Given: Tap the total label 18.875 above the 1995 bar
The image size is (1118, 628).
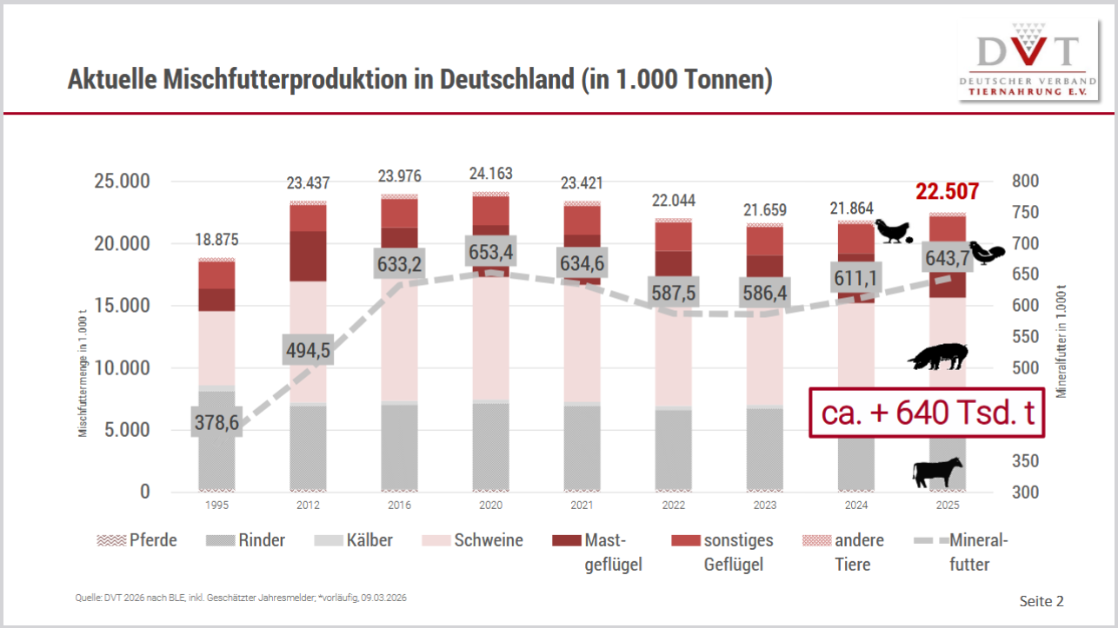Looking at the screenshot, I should tap(217, 241).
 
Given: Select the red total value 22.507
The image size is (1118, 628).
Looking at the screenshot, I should tap(947, 192).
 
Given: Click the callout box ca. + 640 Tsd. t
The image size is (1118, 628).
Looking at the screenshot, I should tap(927, 412).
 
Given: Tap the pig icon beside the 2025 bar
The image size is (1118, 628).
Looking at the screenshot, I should tap(937, 357).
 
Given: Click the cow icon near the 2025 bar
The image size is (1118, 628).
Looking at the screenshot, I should tap(938, 473).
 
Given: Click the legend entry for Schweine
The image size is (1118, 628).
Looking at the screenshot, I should tap(473, 540).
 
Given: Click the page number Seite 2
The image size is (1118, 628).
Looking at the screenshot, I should tap(1041, 601).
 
